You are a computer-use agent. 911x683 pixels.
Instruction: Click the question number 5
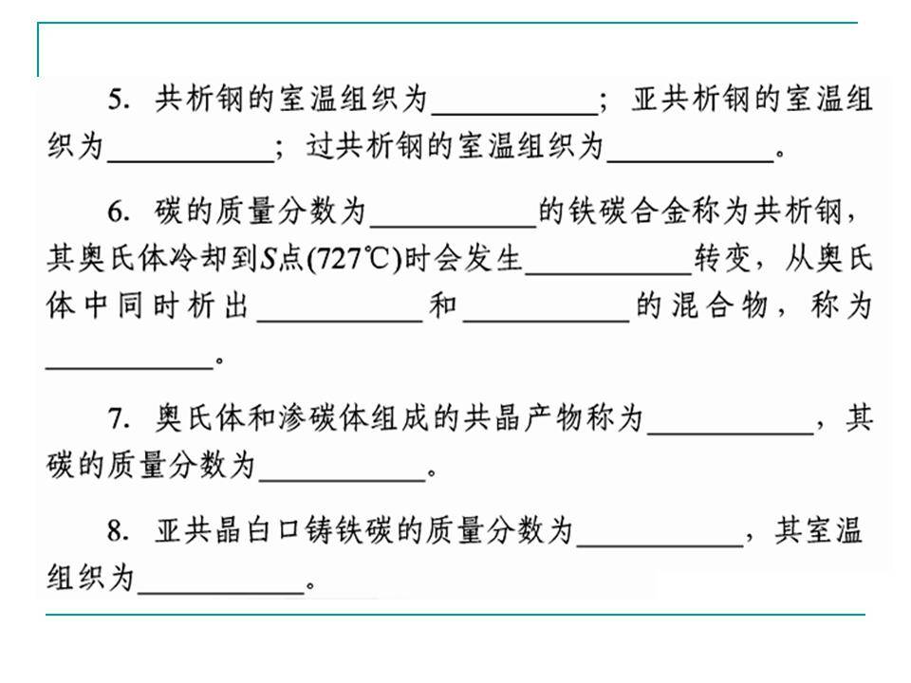tap(118, 100)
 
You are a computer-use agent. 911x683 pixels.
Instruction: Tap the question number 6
tap(118, 212)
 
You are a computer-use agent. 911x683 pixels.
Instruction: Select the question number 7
tap(118, 418)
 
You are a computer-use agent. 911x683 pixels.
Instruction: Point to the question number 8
tap(118, 531)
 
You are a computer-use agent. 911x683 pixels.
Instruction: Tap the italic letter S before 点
tap(268, 259)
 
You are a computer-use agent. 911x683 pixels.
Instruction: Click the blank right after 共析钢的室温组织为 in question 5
tap(514, 114)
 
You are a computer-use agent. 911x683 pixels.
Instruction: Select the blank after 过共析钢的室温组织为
tap(690, 161)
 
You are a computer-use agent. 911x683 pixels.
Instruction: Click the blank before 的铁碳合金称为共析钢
tap(454, 226)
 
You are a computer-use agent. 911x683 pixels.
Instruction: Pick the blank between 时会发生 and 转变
tap(608, 272)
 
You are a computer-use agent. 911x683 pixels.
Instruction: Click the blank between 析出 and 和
tap(340, 320)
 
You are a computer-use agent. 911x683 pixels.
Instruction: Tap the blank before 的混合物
tap(547, 320)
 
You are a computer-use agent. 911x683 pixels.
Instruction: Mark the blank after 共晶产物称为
tap(731, 434)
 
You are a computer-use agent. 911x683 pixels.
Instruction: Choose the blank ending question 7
tap(343, 480)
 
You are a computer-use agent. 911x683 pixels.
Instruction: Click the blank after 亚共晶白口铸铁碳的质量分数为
tap(660, 545)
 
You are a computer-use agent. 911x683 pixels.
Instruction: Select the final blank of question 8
tap(221, 592)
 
